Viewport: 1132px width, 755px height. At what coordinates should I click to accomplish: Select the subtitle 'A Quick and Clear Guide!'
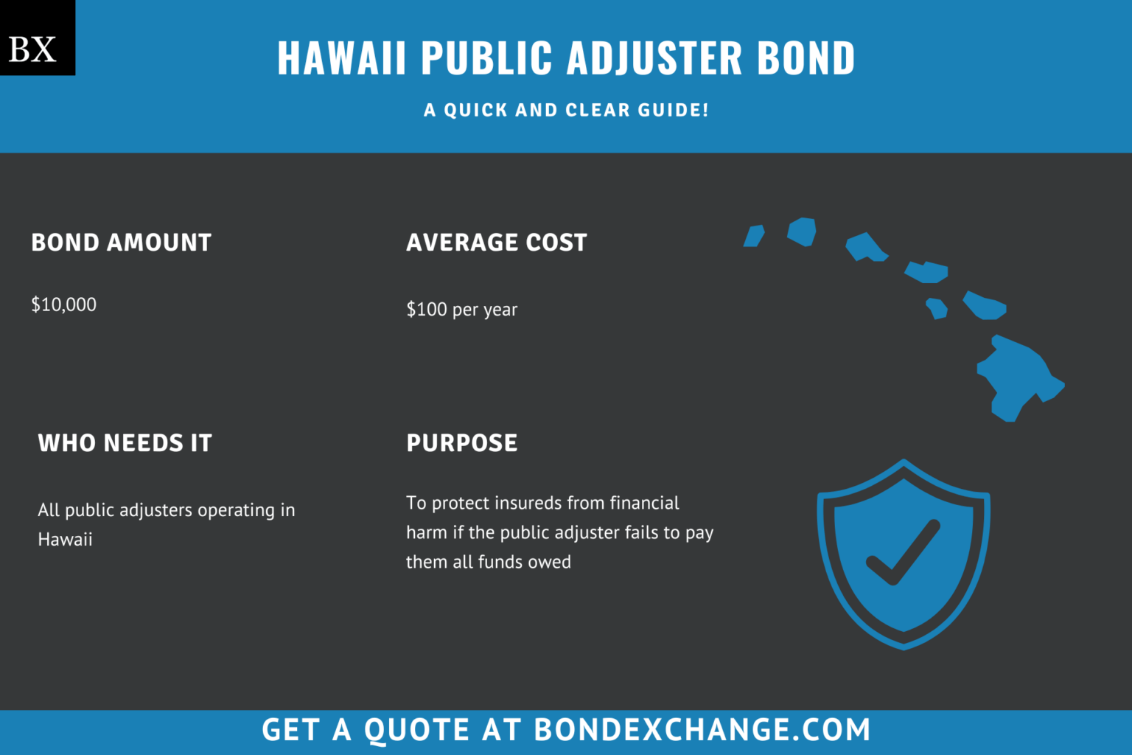[566, 110]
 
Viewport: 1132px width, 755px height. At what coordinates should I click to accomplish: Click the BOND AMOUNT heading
[121, 243]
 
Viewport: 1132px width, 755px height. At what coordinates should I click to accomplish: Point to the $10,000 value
[63, 305]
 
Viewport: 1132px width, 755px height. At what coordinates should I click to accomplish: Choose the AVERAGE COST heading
[496, 243]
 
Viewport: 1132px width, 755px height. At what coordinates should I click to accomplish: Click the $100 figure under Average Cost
[427, 309]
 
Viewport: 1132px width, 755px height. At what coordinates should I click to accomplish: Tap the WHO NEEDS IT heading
[125, 443]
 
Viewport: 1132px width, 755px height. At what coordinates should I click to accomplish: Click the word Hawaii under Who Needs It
[65, 540]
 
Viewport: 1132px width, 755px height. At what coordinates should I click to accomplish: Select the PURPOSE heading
[461, 443]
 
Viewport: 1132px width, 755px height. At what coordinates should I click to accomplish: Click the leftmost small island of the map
[753, 236]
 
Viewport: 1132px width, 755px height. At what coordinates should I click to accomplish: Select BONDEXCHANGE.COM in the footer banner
[702, 730]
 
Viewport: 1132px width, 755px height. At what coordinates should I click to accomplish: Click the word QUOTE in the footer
[416, 730]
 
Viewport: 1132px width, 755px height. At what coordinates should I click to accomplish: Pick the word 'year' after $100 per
[500, 310]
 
